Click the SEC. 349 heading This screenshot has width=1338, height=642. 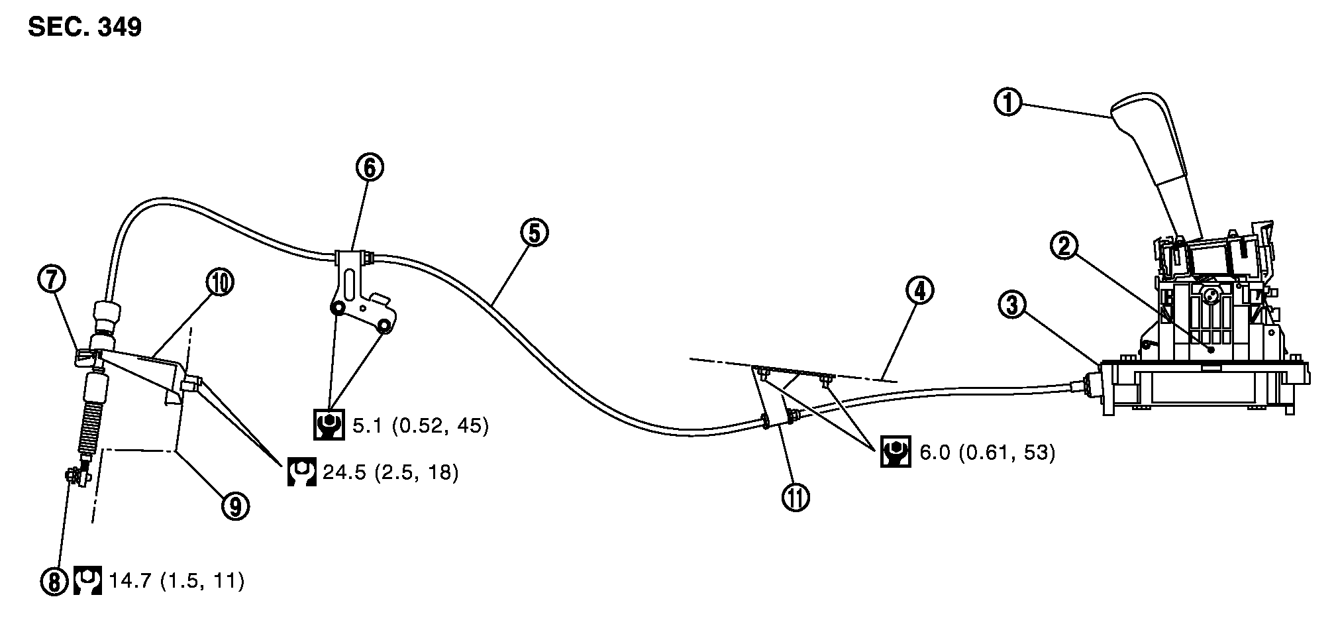tap(85, 27)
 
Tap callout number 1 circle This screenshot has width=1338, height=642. tap(1008, 103)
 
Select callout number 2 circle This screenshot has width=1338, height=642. tap(1063, 246)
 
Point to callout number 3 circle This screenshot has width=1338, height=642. tap(1013, 305)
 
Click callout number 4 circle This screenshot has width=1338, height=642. tap(920, 291)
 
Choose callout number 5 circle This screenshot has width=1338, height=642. tap(535, 233)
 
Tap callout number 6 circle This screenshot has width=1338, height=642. tap(369, 168)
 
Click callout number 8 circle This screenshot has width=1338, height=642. tap(54, 582)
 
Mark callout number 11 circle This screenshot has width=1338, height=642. tap(795, 497)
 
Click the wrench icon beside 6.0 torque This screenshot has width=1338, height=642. tap(895, 452)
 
